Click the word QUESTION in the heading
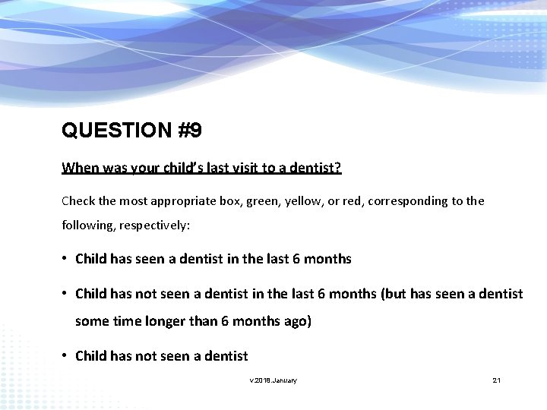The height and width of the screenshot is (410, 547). pyautogui.click(x=116, y=131)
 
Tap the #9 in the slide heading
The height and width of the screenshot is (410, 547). pyautogui.click(x=189, y=131)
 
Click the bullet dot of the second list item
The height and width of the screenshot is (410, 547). pyautogui.click(x=66, y=294)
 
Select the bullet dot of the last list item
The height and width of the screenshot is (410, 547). pyautogui.click(x=66, y=355)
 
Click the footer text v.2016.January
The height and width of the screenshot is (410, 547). pyautogui.click(x=273, y=380)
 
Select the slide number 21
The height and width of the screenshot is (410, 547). pyautogui.click(x=496, y=380)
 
